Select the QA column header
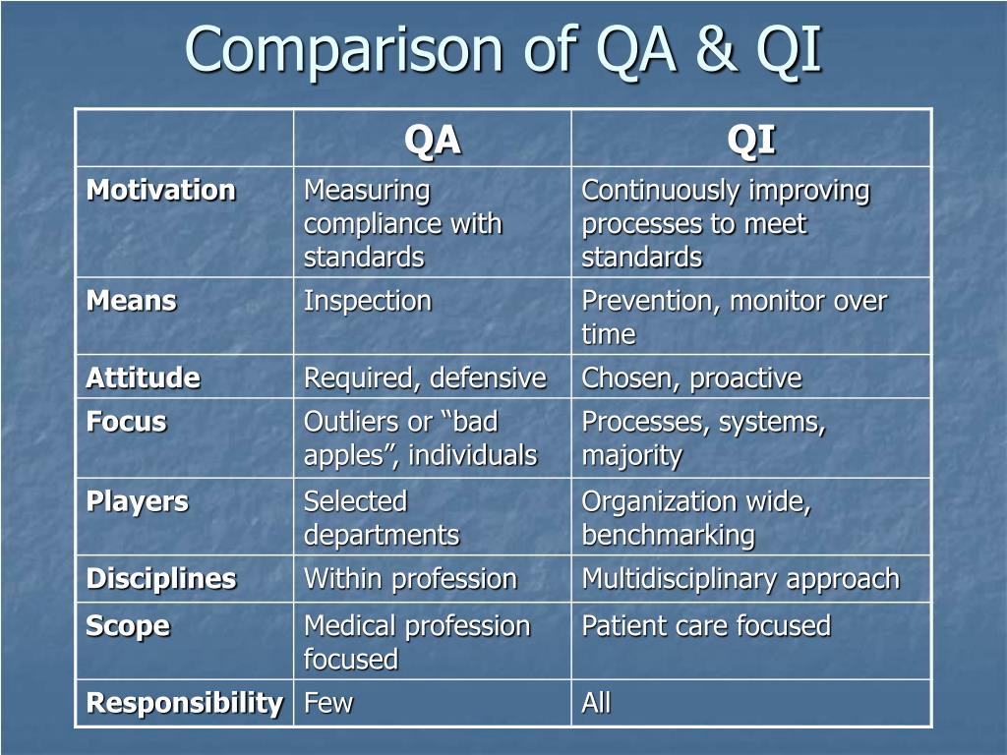(433, 141)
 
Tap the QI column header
(751, 141)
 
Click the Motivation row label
(161, 190)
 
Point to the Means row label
(132, 301)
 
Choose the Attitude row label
(144, 378)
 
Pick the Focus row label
(127, 423)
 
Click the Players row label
(138, 501)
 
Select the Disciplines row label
(161, 579)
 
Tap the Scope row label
(128, 626)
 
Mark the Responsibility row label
(185, 703)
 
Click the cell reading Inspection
(368, 301)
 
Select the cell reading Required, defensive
(425, 378)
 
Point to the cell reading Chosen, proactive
(691, 378)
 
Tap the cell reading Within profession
(410, 579)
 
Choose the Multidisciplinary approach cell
(740, 579)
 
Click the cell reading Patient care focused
(706, 626)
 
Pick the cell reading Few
(328, 703)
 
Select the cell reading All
(596, 703)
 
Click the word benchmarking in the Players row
(669, 536)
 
